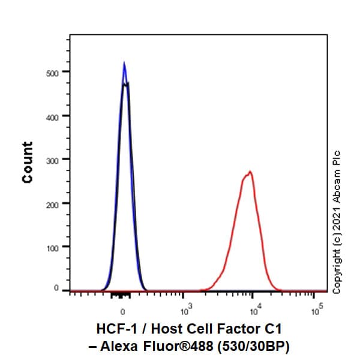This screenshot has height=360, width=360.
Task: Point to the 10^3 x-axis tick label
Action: (186, 311)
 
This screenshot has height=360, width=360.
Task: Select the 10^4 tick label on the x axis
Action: (255, 311)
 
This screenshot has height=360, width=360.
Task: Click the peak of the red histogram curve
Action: (250, 172)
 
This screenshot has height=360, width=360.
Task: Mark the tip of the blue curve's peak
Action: (124, 62)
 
